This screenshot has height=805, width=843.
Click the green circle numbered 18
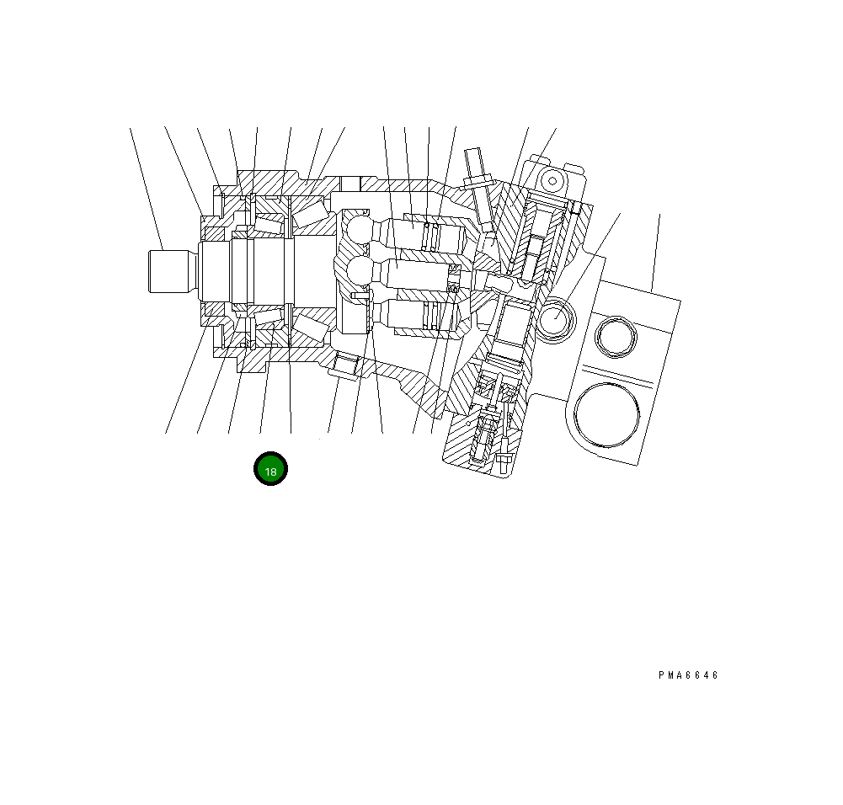tap(271, 470)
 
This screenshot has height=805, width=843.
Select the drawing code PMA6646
tap(689, 675)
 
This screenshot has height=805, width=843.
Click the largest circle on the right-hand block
tap(607, 412)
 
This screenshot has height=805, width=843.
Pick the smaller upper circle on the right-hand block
tap(613, 337)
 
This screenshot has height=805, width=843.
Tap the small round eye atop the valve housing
tap(552, 180)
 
